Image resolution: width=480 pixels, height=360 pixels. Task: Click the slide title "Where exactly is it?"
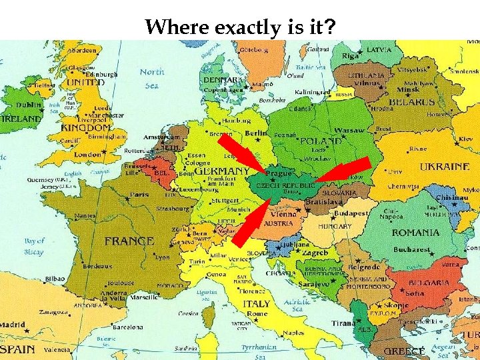pos(241,27)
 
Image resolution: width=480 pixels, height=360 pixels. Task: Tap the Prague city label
pos(279,173)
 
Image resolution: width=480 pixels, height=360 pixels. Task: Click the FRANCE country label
pos(129,241)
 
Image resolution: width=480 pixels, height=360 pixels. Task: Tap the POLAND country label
pos(321,141)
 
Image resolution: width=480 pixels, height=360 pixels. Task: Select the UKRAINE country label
pos(444,167)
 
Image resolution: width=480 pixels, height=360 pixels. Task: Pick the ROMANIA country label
pos(415,233)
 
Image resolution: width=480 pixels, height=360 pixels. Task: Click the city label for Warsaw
pos(349,131)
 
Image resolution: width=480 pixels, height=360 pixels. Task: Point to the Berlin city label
pos(255,133)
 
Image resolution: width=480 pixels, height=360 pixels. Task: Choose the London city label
pos(88,154)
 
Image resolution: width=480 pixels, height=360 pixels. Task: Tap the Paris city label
pos(139,195)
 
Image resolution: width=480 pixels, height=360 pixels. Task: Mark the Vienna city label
pos(283,215)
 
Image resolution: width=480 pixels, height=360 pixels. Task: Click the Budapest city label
pos(351,214)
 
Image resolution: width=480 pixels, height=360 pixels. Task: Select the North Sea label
pos(152,79)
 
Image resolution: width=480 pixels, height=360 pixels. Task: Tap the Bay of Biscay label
pos(34,246)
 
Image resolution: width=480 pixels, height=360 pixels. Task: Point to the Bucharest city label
pos(411,249)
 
